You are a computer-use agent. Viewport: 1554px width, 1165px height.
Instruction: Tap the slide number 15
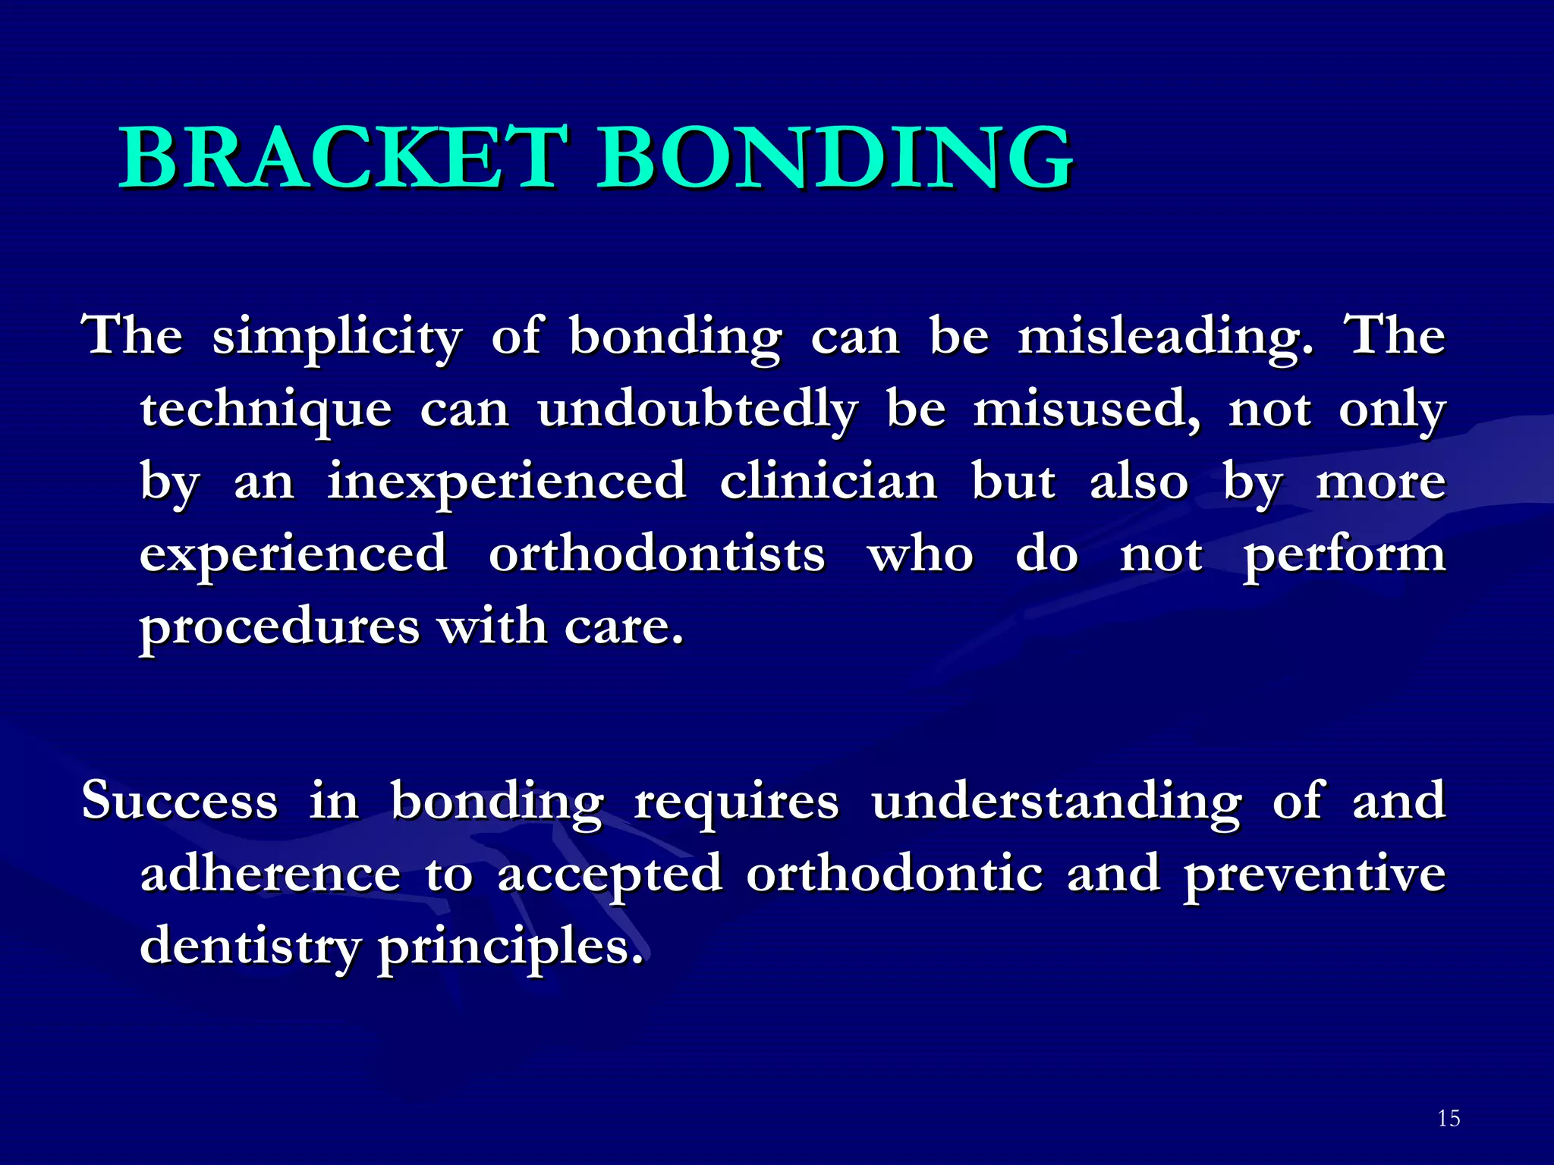(x=1448, y=1118)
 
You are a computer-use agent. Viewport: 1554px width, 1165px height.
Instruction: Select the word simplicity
(x=337, y=337)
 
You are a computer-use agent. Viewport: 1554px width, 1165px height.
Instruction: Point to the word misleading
(x=1165, y=337)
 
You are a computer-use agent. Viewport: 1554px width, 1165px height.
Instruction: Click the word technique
(x=266, y=410)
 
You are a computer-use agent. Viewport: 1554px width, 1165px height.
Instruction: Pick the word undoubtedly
(x=697, y=410)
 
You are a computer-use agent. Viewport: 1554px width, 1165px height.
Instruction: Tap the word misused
(x=1087, y=410)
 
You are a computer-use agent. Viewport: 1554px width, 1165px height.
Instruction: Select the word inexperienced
(x=506, y=482)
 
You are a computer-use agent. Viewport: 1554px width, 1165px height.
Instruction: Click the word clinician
(x=829, y=482)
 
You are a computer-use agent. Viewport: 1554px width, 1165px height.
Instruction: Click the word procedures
(x=279, y=628)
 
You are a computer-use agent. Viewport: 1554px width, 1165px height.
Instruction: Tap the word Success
(x=180, y=801)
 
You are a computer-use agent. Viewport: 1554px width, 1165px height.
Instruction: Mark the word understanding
(x=1056, y=801)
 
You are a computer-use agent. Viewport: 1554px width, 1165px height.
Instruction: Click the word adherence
(x=270, y=874)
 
